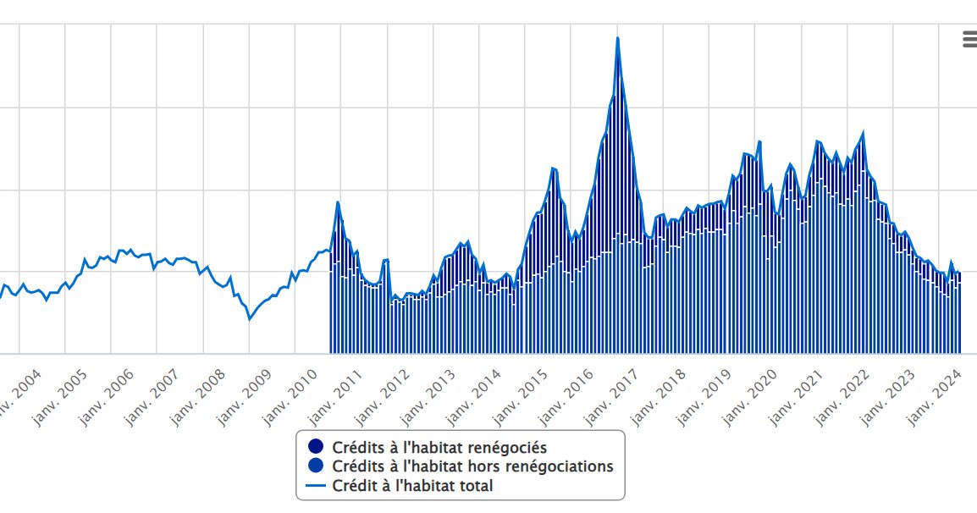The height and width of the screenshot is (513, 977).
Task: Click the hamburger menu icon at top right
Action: (969, 38)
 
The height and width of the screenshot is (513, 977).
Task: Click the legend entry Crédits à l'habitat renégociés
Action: (439, 447)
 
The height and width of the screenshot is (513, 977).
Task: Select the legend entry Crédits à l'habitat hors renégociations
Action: (472, 466)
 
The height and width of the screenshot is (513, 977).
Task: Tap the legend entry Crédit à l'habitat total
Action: (412, 486)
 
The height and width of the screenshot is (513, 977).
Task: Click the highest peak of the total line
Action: (618, 38)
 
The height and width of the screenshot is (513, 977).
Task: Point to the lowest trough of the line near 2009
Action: (249, 319)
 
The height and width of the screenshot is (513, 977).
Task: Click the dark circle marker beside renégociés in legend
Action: (317, 447)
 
